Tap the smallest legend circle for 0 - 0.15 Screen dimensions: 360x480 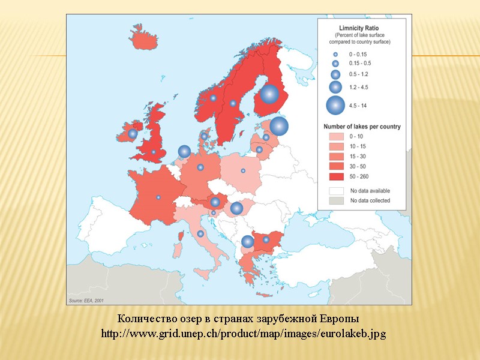point(335,54)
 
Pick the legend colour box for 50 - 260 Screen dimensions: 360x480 point(335,176)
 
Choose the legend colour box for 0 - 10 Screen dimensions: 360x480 point(335,136)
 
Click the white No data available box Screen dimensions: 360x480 point(335,190)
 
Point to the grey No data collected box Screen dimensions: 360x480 point(335,200)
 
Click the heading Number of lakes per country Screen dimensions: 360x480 point(362,127)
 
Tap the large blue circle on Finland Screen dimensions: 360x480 point(269,94)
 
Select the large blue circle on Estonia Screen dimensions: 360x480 point(279,126)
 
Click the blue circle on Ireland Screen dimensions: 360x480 point(133,134)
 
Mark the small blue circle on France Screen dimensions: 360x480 point(158,197)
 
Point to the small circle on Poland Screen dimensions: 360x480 point(243,171)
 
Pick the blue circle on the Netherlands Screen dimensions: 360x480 point(184,152)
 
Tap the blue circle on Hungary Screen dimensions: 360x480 point(236,208)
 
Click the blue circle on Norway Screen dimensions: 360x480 point(213,98)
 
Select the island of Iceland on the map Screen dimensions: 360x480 point(142,40)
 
